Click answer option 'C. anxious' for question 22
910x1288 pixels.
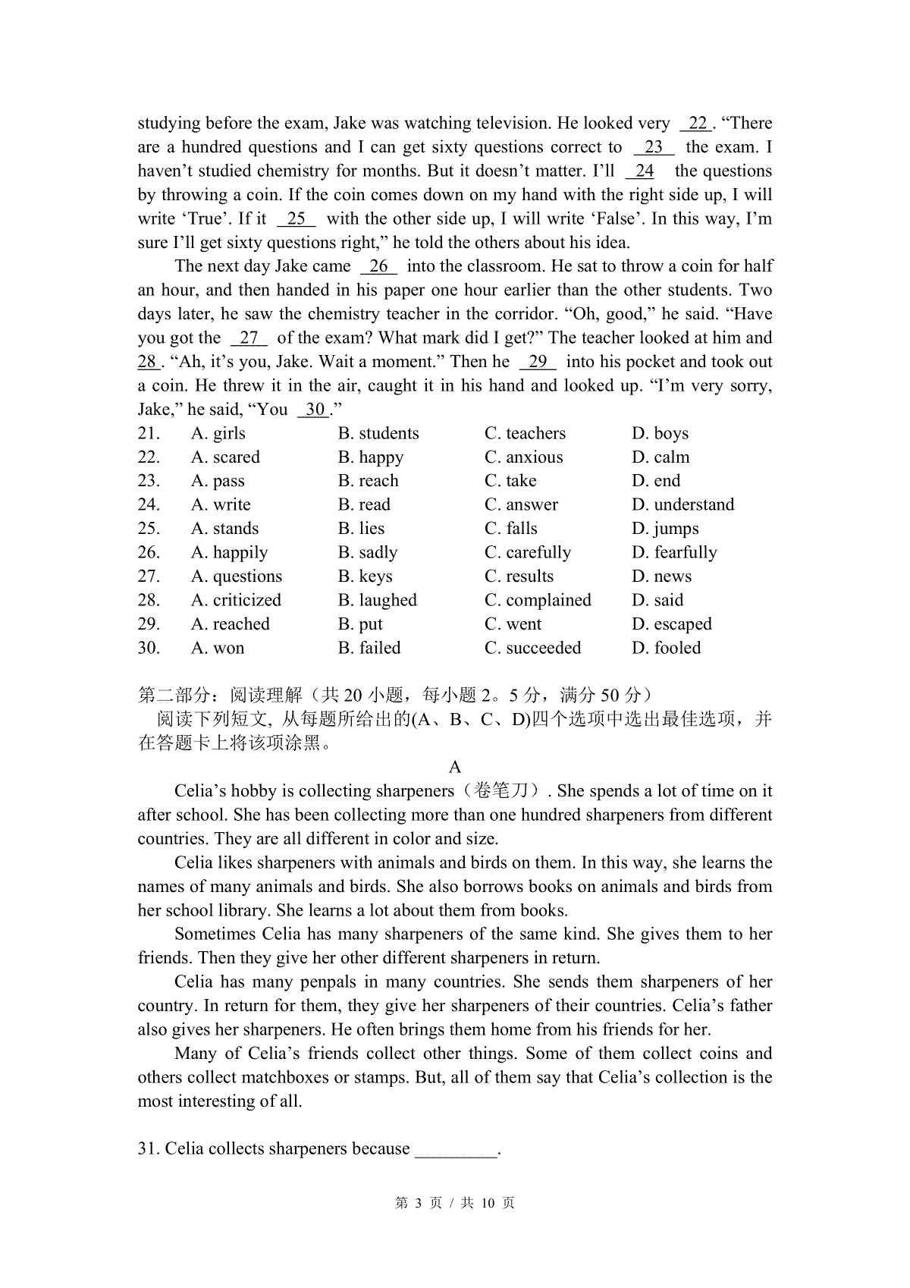(x=523, y=457)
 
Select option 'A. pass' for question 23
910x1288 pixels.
(x=218, y=481)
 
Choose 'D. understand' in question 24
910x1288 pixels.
(x=682, y=505)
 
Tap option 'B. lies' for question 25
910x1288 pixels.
(x=361, y=529)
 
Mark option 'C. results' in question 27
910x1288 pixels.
(x=519, y=576)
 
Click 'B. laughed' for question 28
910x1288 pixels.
(x=377, y=600)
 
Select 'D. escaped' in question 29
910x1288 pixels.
(x=671, y=624)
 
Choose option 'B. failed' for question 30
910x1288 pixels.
(x=369, y=648)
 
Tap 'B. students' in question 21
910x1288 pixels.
(x=378, y=433)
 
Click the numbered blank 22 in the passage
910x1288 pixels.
(x=697, y=124)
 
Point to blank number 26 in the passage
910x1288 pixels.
(x=378, y=266)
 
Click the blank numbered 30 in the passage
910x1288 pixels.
(x=315, y=410)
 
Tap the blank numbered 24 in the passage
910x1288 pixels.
(x=644, y=171)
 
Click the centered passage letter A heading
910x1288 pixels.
(x=455, y=767)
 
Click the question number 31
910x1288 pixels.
(x=148, y=1148)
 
